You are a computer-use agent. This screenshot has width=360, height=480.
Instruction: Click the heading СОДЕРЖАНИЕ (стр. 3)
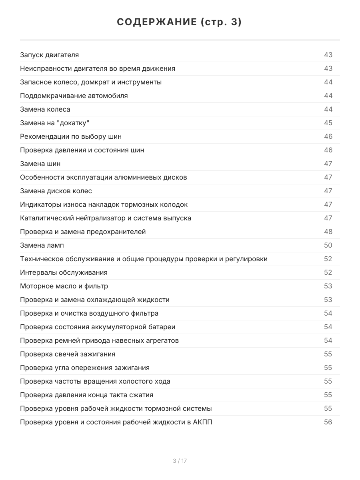pyautogui.click(x=180, y=22)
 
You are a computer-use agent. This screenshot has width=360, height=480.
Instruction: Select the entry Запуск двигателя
pyautogui.click(x=49, y=55)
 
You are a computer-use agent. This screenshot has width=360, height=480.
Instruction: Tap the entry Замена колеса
pyautogui.click(x=45, y=110)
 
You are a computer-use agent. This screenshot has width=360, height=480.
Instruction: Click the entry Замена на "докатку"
pyautogui.click(x=54, y=123)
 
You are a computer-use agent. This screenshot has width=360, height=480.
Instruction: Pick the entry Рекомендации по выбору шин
pyautogui.click(x=71, y=137)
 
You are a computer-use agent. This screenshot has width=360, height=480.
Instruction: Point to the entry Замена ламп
pyautogui.click(x=42, y=246)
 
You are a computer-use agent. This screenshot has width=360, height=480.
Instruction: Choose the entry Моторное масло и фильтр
pyautogui.click(x=64, y=286)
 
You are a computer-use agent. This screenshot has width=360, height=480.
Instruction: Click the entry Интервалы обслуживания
pyautogui.click(x=64, y=273)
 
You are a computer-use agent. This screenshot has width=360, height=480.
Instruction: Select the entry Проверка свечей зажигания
pyautogui.click(x=68, y=354)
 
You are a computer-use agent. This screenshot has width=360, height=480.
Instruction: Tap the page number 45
pyautogui.click(x=328, y=123)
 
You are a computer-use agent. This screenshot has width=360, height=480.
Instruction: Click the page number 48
pyautogui.click(x=328, y=232)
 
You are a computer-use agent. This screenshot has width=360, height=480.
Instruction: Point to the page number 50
pyautogui.click(x=328, y=246)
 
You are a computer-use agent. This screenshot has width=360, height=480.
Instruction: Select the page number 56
pyautogui.click(x=328, y=422)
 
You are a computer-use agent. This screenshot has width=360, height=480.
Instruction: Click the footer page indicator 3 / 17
pyautogui.click(x=180, y=461)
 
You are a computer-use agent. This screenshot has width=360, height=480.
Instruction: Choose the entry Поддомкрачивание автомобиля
pyautogui.click(x=74, y=96)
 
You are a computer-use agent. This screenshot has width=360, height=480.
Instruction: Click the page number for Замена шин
pyautogui.click(x=328, y=164)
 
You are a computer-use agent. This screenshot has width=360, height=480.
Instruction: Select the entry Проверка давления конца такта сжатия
pyautogui.click(x=86, y=395)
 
